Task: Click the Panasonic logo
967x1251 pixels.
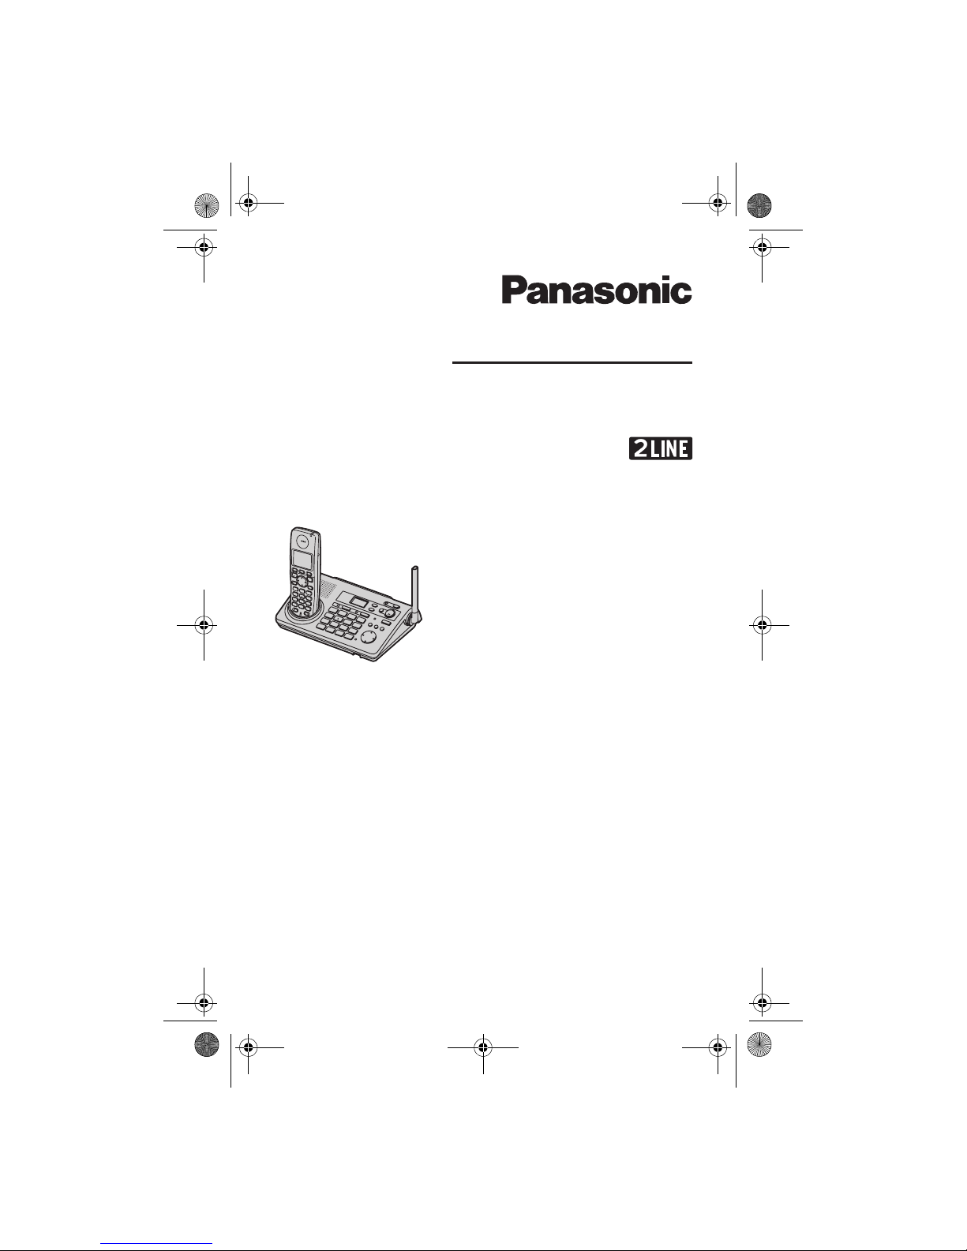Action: coord(597,290)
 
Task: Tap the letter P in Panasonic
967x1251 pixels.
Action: coord(513,290)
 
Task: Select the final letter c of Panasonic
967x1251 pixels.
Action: coord(683,294)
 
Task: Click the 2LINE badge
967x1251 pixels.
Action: coord(661,448)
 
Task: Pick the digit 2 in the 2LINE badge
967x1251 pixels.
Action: coord(641,448)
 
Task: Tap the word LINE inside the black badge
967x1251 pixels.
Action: coord(669,448)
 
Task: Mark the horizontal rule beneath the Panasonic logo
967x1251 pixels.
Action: coord(572,363)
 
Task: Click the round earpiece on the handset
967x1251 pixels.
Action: coord(303,540)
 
